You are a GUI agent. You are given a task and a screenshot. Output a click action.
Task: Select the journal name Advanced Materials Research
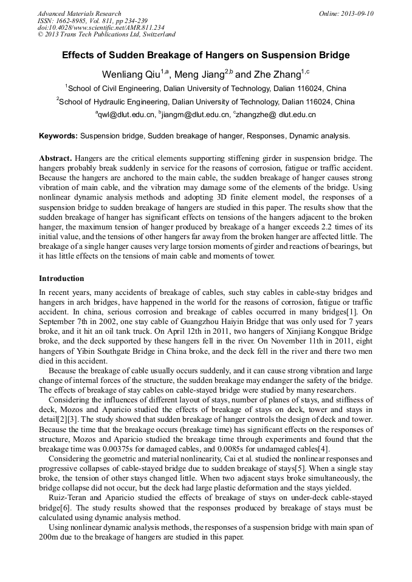[x=79, y=13]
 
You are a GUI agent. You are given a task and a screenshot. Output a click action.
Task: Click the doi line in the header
[x=101, y=27]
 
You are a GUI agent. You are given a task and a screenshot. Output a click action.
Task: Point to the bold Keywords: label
[x=58, y=136]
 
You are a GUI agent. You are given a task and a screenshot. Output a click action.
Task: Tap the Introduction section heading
[x=61, y=279]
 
